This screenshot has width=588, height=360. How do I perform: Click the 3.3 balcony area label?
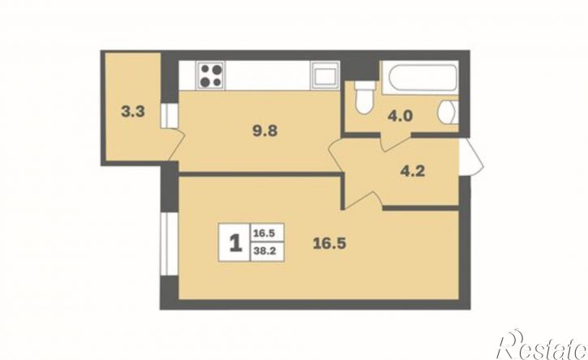pos(133,112)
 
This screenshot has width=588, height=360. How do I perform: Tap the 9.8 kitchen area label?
pos(265,131)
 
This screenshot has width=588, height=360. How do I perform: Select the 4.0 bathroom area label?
pos(400,116)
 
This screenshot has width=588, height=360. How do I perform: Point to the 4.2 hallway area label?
pos(413,171)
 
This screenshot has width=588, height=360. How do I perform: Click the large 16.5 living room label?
pos(329,243)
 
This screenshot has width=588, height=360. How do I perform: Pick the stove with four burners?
pos(211,75)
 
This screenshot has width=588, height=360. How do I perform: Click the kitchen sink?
pos(324,75)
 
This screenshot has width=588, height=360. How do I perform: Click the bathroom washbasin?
pos(449,111)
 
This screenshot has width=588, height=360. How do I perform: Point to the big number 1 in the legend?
pos(235,242)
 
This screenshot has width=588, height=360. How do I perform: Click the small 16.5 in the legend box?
pos(264,234)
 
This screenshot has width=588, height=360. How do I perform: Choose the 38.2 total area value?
pos(264,251)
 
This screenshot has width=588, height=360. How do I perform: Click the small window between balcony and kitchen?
pos(169,115)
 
